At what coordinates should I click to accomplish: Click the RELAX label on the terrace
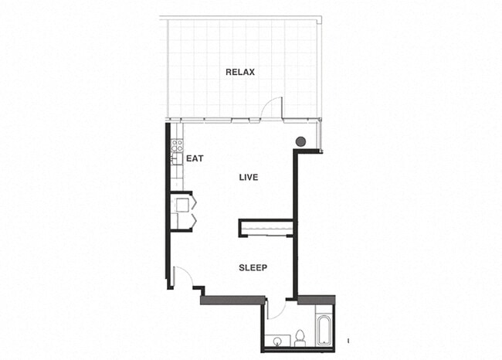click(x=240, y=72)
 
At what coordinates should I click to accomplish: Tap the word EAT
click(x=194, y=158)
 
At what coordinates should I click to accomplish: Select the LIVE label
click(x=248, y=178)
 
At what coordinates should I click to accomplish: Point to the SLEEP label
click(x=253, y=268)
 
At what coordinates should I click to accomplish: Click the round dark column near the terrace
click(x=300, y=141)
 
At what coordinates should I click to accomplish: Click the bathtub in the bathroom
click(x=323, y=328)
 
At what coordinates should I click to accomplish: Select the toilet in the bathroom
click(x=301, y=337)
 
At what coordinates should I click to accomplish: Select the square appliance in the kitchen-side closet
click(x=182, y=205)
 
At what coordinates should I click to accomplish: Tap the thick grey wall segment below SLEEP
click(x=232, y=300)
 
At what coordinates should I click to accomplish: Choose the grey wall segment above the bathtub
click(x=315, y=300)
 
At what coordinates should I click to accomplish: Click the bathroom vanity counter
click(x=283, y=341)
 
